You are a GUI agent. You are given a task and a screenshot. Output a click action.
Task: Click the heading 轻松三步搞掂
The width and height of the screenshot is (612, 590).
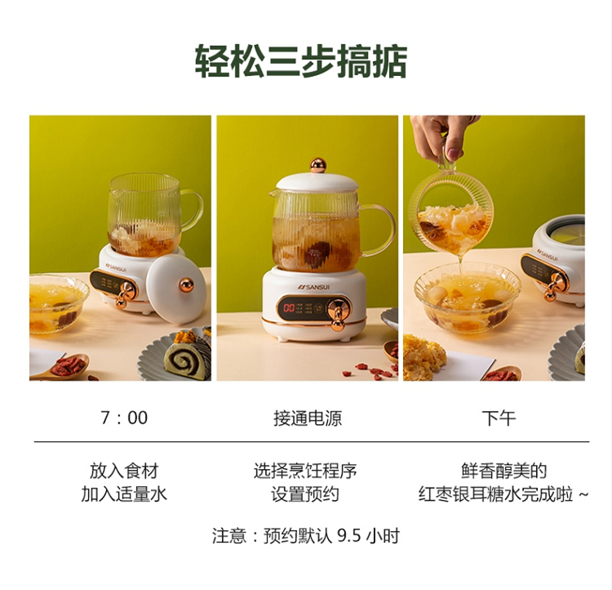coord(301,61)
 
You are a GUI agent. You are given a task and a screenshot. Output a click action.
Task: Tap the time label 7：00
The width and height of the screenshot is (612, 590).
coord(124,418)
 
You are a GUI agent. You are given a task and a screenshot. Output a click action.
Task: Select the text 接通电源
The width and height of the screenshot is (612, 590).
coord(308,418)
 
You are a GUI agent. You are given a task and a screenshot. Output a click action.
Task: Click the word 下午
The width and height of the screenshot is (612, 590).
coord(499,418)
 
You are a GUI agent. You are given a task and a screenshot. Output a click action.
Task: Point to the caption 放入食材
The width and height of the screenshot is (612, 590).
coord(124,471)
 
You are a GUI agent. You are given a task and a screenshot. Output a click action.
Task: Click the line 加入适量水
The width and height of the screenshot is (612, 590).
coord(124,494)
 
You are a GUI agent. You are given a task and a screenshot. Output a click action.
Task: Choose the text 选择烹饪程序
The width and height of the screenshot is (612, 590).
coord(305,471)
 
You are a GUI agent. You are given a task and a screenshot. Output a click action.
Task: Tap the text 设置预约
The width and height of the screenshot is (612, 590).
coord(305,494)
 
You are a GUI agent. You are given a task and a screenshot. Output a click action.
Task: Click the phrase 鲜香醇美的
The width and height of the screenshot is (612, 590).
coord(504,471)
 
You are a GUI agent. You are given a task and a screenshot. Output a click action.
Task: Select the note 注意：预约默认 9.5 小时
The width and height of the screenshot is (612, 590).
coord(306,535)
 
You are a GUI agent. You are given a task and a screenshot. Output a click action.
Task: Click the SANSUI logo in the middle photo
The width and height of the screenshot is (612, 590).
coord(313,288)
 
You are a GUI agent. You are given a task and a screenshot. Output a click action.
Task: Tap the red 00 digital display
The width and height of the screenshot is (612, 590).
coord(289,308)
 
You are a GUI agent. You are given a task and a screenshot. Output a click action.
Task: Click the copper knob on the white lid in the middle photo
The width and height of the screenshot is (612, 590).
coord(318,165)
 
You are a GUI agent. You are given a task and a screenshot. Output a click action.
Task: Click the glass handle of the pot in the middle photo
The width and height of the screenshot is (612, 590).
coord(378,230)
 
